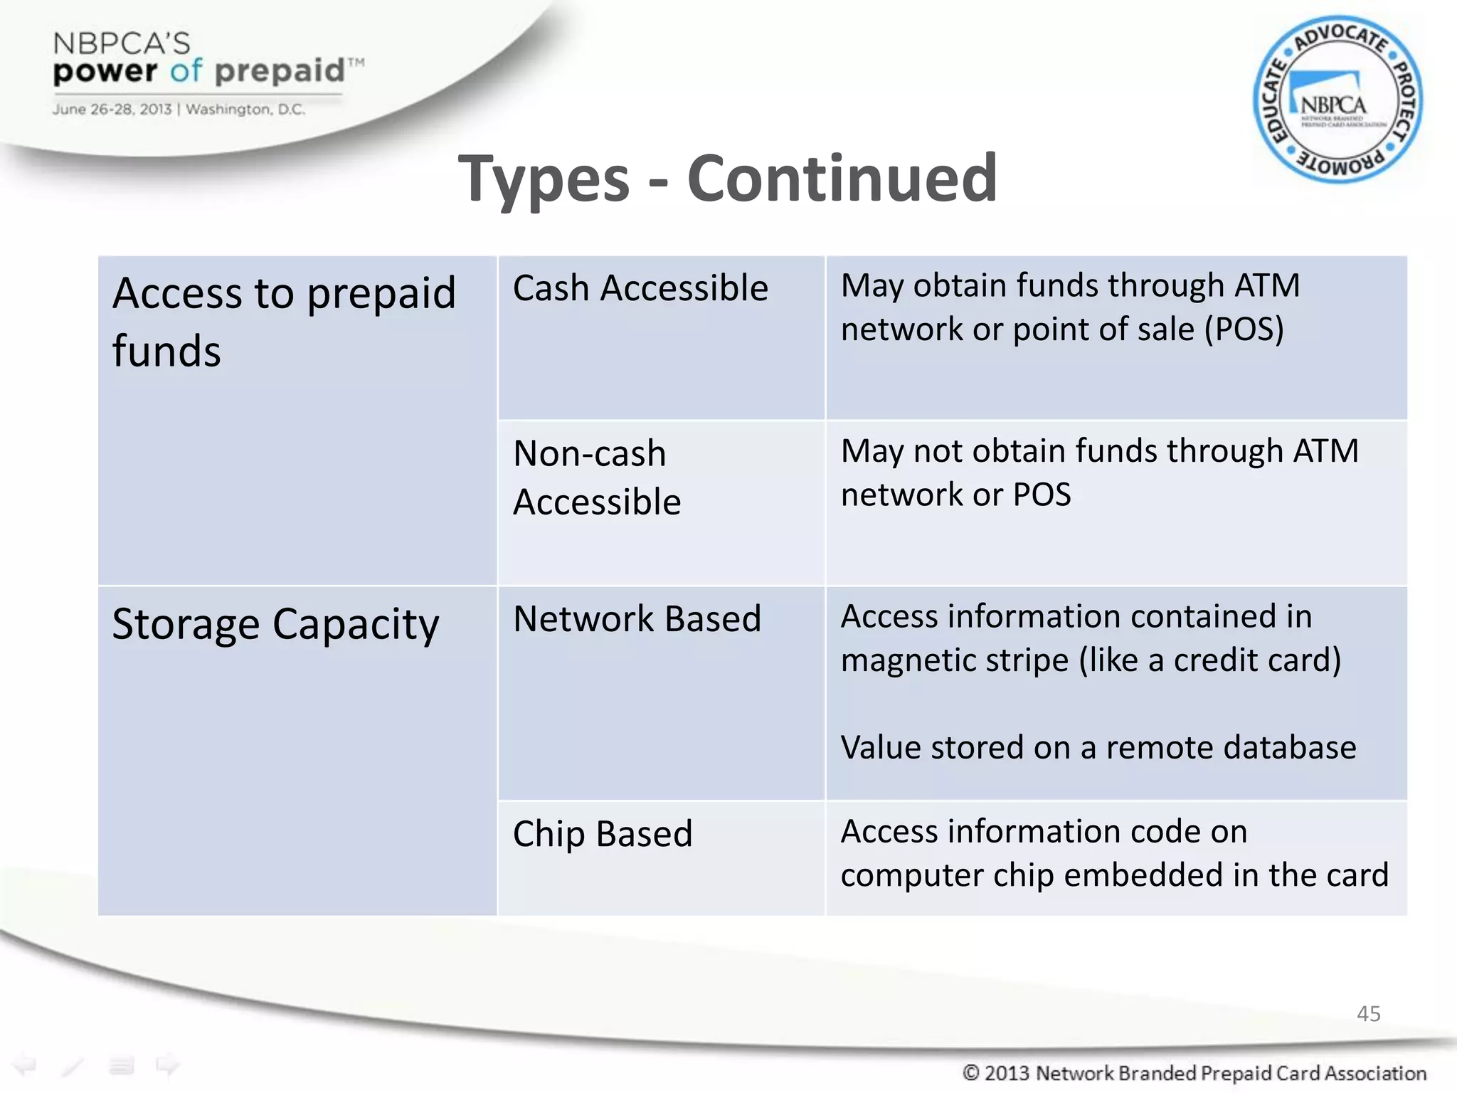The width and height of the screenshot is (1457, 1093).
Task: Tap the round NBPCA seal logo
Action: click(1337, 100)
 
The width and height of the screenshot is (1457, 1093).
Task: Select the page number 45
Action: click(1368, 1013)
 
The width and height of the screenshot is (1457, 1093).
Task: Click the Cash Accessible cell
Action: click(640, 289)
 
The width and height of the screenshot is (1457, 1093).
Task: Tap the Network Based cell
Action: click(637, 618)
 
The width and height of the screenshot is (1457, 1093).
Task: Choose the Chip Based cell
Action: click(603, 834)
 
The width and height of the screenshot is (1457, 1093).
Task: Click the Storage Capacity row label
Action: click(275, 624)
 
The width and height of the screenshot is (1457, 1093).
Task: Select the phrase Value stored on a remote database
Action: click(1098, 748)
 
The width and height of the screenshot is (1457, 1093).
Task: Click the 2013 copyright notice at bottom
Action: click(1194, 1072)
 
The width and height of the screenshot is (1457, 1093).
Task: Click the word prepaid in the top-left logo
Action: click(280, 71)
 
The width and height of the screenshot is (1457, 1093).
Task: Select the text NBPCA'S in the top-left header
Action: click(122, 44)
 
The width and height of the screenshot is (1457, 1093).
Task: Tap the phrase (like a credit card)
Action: click(1209, 660)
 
